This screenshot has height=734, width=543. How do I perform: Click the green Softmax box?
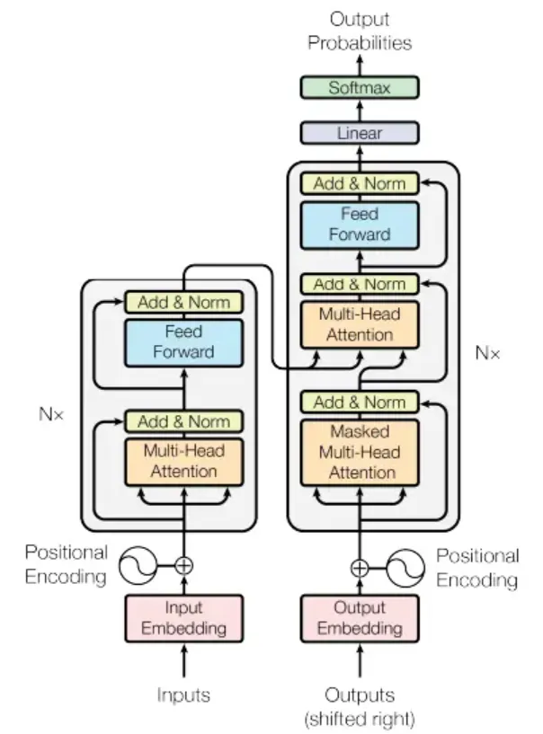[360, 87]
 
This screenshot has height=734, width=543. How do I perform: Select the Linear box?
[360, 133]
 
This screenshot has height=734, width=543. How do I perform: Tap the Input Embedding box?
[183, 618]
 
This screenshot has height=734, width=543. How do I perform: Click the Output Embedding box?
[360, 618]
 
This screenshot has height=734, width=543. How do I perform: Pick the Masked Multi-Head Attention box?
[360, 453]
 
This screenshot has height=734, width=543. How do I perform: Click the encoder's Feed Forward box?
[183, 342]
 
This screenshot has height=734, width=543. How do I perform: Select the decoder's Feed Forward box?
[360, 226]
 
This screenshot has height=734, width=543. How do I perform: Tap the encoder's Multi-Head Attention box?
[183, 462]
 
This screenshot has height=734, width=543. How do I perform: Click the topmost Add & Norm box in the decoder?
[360, 183]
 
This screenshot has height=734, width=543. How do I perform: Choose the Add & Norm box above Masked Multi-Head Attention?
[360, 402]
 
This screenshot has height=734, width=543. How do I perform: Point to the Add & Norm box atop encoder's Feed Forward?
[183, 303]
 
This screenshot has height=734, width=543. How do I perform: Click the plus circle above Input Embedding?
[183, 565]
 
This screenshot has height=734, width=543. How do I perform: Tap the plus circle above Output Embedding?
[360, 569]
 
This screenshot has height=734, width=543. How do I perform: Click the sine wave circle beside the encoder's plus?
[138, 565]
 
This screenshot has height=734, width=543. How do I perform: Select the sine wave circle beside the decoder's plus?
[405, 569]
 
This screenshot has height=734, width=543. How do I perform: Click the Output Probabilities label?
[360, 31]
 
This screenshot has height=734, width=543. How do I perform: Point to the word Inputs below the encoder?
[183, 694]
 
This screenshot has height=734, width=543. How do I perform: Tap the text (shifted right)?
[360, 719]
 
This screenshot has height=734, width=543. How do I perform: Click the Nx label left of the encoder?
[51, 414]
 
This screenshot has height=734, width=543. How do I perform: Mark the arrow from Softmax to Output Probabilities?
[360, 65]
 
